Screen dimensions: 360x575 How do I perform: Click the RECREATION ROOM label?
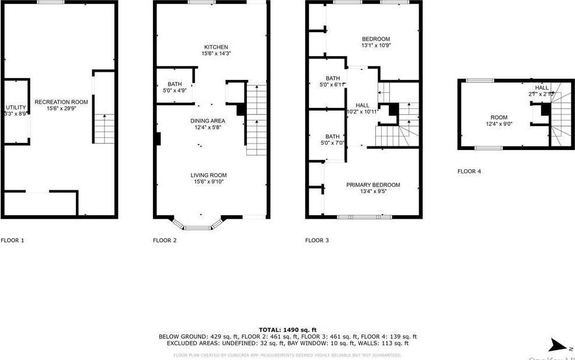tap(61, 102)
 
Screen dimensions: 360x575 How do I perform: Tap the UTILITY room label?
tap(16, 107)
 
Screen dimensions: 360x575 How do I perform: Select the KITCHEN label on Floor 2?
tap(215, 47)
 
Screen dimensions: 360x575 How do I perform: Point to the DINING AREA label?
tap(207, 121)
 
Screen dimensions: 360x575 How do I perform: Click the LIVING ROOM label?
tap(208, 175)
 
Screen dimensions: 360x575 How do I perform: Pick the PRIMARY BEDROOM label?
tap(373, 185)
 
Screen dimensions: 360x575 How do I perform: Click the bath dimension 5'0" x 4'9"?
tap(175, 90)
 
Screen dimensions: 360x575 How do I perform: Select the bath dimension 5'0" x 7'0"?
tap(332, 142)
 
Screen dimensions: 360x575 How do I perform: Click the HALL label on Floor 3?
tap(363, 105)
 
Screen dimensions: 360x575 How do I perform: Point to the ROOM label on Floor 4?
tap(499, 117)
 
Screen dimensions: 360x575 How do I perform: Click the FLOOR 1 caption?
tap(12, 240)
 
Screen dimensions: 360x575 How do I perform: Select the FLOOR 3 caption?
tap(317, 240)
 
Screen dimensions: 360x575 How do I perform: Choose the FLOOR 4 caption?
tap(469, 172)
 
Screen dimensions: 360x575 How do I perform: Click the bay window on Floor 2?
tap(198, 223)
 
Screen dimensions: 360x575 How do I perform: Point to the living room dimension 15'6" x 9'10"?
tap(208, 181)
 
